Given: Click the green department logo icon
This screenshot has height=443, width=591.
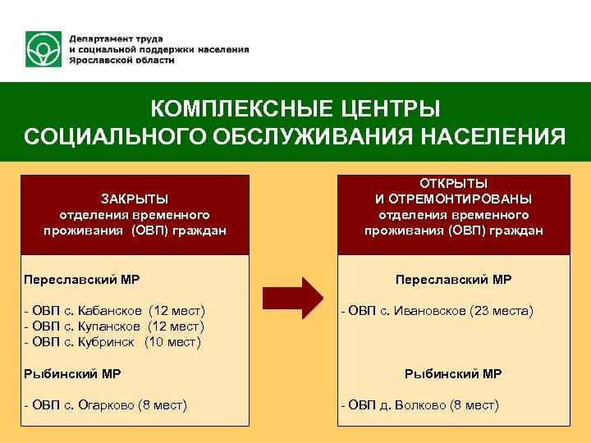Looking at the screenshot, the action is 44,50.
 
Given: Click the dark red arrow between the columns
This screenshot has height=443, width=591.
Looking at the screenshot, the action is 295,298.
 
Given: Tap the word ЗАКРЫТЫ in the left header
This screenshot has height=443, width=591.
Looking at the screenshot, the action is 135,199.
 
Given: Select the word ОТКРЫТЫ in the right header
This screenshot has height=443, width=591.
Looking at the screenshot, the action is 454,183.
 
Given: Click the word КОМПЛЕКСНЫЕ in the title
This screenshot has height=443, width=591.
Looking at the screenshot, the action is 215,109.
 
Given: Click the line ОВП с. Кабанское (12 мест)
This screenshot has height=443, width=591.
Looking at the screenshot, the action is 115,311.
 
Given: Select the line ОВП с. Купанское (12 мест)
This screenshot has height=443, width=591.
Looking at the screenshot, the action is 115,327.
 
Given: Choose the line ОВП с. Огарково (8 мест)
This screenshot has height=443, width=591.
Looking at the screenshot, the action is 106,405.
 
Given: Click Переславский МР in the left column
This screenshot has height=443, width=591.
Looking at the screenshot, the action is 82,280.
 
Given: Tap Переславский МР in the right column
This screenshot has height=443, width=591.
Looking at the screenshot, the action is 453,280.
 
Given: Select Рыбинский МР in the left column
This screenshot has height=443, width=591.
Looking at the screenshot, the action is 73,374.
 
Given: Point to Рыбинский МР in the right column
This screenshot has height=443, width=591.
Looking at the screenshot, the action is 453,374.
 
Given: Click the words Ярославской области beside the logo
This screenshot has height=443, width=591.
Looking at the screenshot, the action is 121,61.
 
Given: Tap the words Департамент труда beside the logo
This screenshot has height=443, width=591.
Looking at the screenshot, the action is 116,39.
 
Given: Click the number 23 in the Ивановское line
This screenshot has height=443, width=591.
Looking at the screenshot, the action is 482,311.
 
